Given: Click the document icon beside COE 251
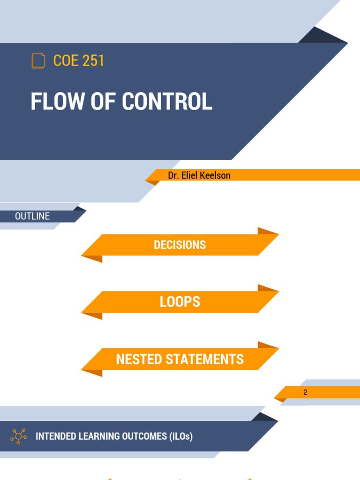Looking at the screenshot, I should point(38,61).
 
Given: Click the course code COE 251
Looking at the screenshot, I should point(79,61).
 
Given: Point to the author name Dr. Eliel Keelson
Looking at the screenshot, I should point(199,175).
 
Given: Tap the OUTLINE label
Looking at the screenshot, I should point(32,216).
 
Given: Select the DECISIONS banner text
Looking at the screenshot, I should point(180,245).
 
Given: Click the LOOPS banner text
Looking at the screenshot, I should point(180,302).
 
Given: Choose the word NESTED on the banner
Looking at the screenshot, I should point(138,360).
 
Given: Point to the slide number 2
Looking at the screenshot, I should point(305,392).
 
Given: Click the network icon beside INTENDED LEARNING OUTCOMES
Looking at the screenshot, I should point(18,436).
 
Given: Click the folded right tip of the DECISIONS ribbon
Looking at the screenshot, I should point(268,231).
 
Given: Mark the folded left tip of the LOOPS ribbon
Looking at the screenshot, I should point(92,316).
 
